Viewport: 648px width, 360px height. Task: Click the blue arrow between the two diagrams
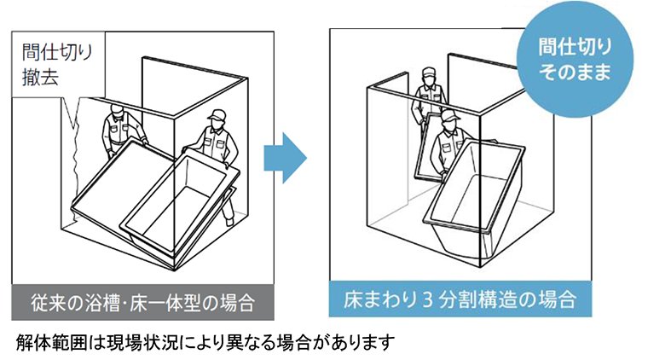coord(285,158)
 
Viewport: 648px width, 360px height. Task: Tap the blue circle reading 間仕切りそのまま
coord(575,59)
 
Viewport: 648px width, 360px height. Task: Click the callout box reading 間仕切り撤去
coord(58,65)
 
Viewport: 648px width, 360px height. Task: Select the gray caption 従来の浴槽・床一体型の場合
coord(142,302)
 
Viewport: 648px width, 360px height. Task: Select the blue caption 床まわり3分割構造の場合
coord(460,299)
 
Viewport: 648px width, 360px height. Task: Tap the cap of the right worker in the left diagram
coord(217,114)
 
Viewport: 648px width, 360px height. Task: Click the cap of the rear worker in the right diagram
coord(430,72)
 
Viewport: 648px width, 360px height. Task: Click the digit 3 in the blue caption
coord(427,299)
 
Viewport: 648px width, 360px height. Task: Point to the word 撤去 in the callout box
coord(40,77)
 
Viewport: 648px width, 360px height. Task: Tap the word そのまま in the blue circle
coord(575,72)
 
